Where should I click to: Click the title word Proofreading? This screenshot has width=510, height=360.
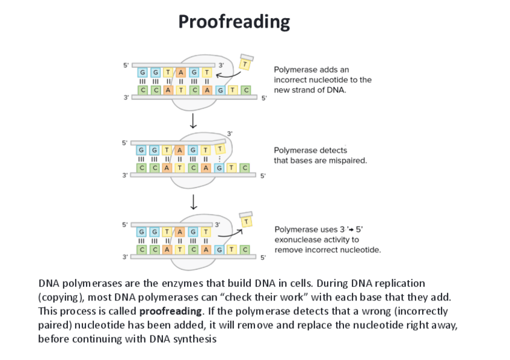[234, 22]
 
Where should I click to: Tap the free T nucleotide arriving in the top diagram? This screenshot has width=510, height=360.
[245, 62]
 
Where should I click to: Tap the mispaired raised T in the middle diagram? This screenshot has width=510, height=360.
[220, 148]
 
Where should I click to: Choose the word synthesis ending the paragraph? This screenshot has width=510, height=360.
[195, 339]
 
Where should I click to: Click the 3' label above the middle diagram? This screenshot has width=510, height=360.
[229, 132]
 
